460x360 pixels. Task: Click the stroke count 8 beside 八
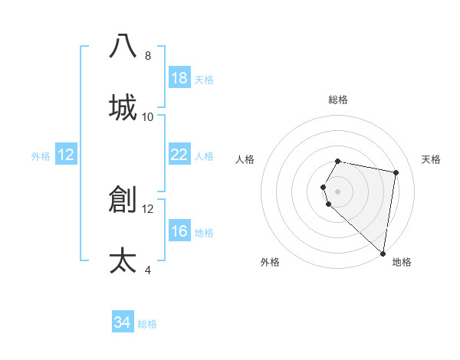point(148,56)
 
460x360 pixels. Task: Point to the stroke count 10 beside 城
point(148,117)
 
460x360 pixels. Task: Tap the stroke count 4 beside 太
point(148,270)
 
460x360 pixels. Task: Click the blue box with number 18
point(179,78)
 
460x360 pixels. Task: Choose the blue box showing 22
point(179,155)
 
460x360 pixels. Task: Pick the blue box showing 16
point(179,231)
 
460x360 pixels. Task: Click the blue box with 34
point(123,322)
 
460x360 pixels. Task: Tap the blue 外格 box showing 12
point(66,155)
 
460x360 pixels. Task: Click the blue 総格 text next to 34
point(147,324)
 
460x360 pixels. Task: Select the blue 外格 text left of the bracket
point(41,156)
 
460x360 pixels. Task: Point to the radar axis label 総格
point(338,100)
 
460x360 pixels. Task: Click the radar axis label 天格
point(431,159)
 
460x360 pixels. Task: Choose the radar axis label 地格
point(402,262)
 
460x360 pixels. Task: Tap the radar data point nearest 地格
point(383,253)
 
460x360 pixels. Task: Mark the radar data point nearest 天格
point(396,173)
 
